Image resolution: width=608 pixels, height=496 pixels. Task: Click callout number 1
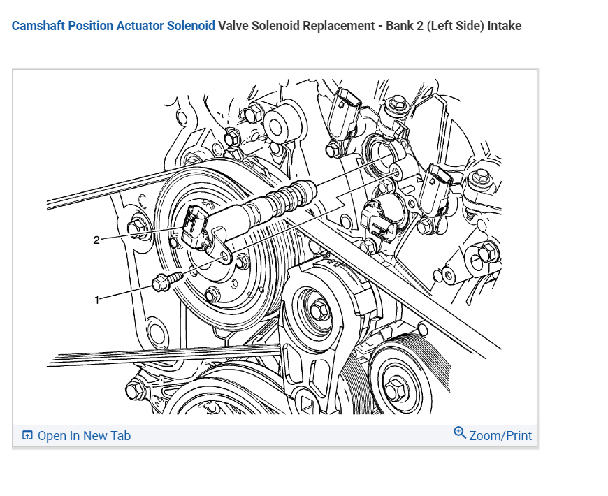click(x=97, y=299)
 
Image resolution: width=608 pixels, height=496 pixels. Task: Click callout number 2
click(x=97, y=240)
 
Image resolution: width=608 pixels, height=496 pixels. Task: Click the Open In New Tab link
click(x=84, y=436)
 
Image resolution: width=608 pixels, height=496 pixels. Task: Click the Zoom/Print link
click(x=500, y=436)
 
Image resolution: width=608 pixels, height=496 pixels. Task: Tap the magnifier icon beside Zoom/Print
click(x=460, y=433)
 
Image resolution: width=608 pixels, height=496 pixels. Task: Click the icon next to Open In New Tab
click(x=27, y=436)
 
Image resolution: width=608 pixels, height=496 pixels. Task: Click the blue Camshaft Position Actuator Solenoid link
click(x=113, y=26)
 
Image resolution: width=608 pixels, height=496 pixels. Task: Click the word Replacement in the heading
click(x=337, y=26)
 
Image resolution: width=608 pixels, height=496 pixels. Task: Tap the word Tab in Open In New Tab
click(x=120, y=436)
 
